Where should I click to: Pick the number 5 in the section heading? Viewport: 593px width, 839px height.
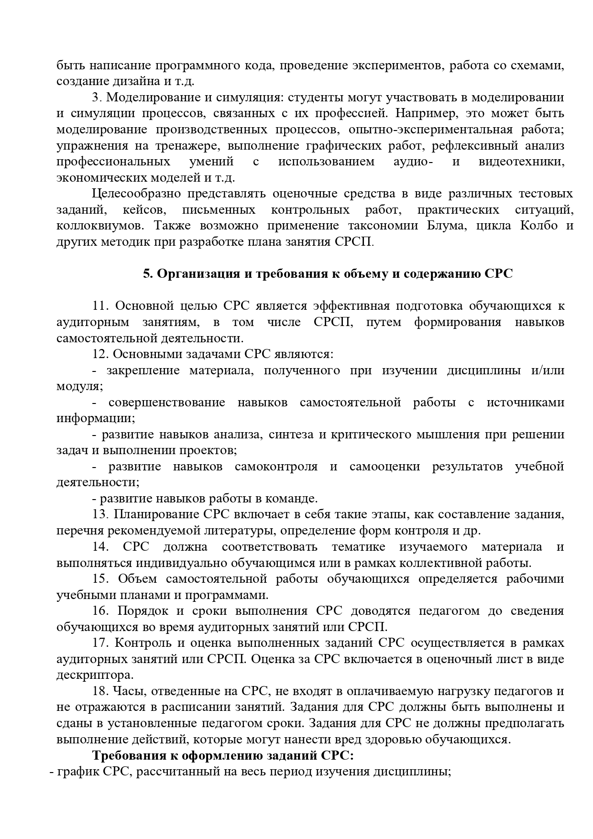147,274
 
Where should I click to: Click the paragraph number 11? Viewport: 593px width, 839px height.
101,306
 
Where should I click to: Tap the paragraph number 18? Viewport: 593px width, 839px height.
101,691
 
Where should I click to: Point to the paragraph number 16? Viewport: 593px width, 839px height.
101,611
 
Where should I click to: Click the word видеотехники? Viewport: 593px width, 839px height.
521,162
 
